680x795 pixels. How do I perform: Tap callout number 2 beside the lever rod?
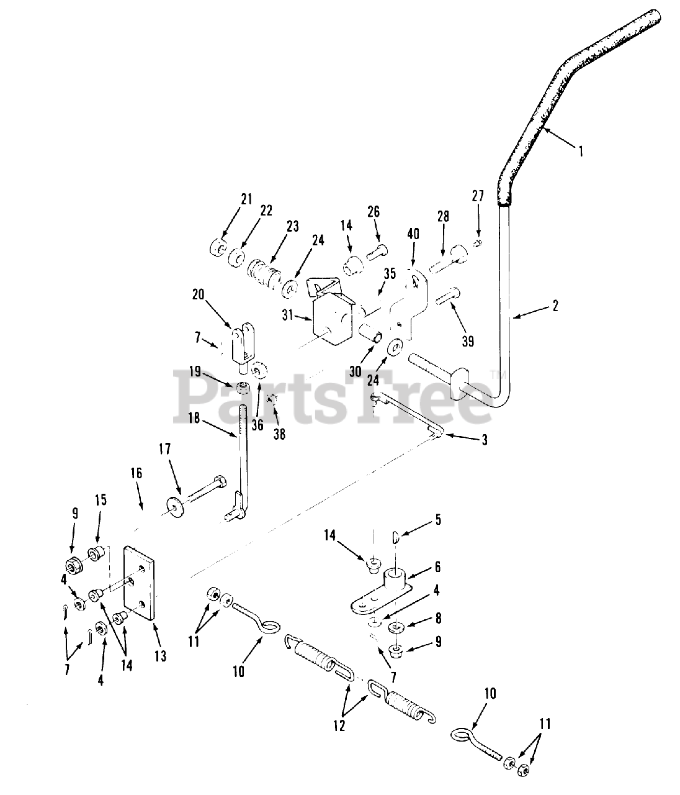555,306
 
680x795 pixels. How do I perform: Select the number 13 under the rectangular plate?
161,656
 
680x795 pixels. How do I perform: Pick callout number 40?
413,234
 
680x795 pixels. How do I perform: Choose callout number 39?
467,341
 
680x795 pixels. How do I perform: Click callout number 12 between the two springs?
340,725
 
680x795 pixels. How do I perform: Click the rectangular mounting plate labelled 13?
140,582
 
